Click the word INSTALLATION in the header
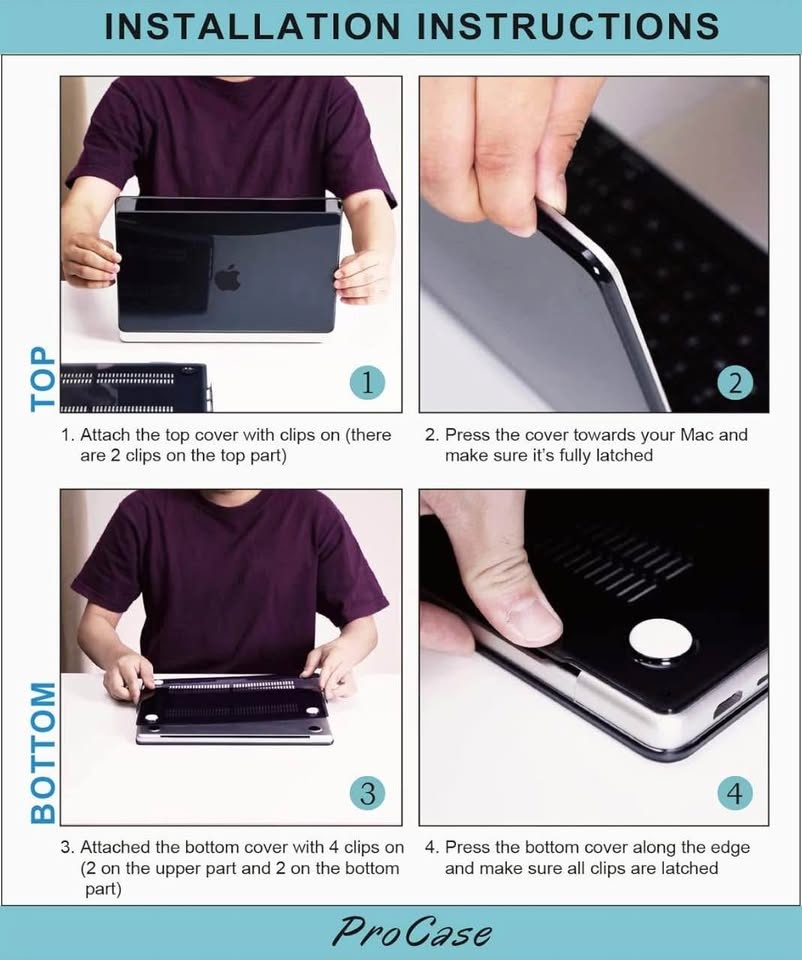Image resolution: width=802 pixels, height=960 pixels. pos(252,26)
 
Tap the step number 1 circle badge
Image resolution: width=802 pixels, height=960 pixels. pos(367,382)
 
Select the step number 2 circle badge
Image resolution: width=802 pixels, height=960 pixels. pos(735,382)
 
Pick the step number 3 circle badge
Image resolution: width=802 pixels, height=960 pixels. pos(367,793)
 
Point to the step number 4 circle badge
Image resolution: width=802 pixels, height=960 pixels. pos(735,793)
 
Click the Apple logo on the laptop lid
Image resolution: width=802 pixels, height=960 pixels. pos(228,277)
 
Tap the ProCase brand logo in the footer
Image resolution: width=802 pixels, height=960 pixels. pos(411,932)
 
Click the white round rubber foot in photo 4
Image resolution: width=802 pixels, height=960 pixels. pos(661,641)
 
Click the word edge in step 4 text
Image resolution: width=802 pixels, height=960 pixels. pos(729,849)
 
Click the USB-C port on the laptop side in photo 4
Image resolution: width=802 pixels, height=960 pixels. pos(728,707)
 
